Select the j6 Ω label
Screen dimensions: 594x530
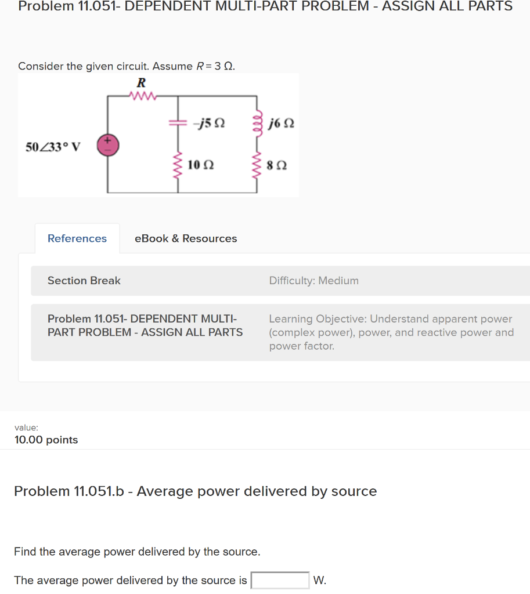click(x=282, y=124)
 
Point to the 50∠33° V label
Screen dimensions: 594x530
click(x=53, y=146)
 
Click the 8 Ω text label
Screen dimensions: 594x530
click(x=277, y=166)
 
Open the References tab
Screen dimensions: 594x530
click(x=77, y=238)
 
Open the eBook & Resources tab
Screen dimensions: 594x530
click(x=186, y=238)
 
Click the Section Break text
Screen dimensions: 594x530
click(x=84, y=281)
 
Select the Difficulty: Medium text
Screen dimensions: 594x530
click(x=313, y=281)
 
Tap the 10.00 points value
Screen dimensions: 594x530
click(x=46, y=440)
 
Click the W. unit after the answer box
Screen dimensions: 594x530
click(x=319, y=580)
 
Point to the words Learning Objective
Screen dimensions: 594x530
click(x=317, y=319)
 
